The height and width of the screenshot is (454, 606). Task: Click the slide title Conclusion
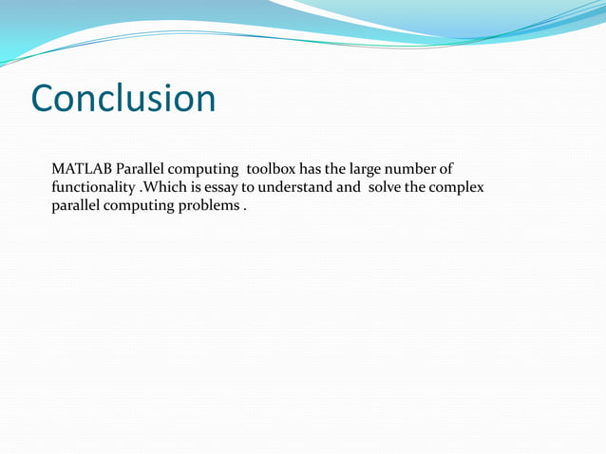[123, 99]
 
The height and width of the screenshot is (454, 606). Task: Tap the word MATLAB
[82, 169]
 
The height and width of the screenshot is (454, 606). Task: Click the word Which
[164, 187]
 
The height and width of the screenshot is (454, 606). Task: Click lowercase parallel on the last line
[76, 206]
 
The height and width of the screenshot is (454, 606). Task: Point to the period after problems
[245, 209]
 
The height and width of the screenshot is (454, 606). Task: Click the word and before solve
[348, 187]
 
